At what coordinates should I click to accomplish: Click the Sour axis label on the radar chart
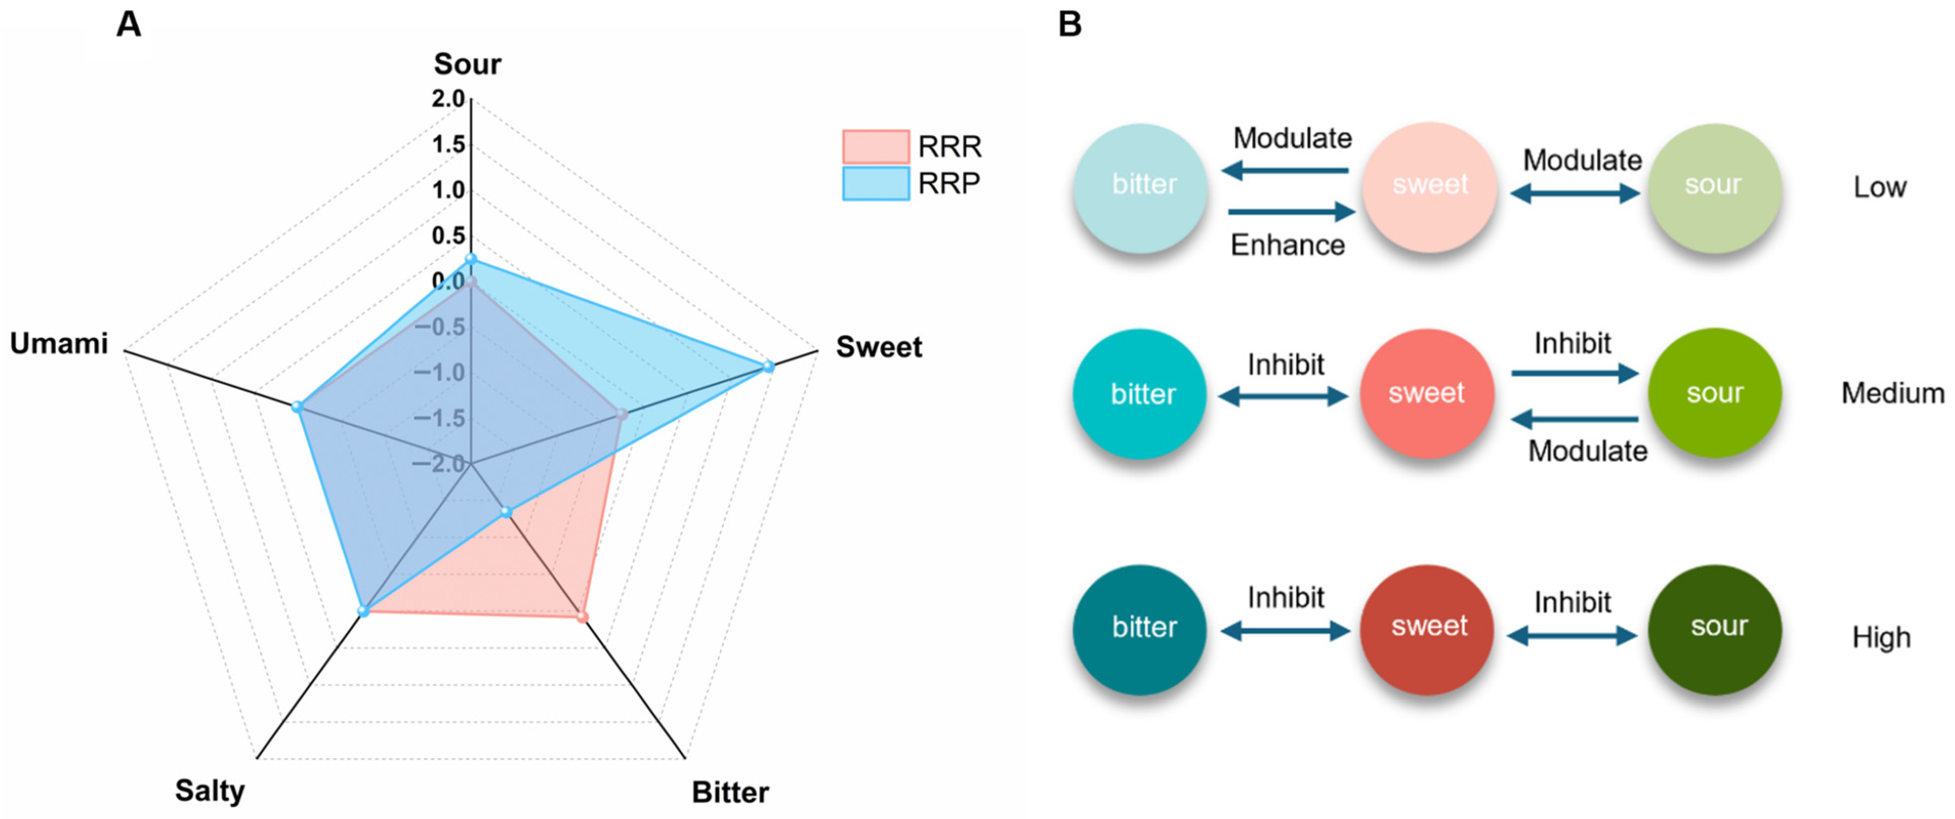click(x=467, y=64)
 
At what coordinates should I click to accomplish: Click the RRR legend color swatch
click(x=876, y=147)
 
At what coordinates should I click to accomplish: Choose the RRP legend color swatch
click(x=876, y=183)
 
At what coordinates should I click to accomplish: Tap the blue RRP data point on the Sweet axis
click(x=768, y=367)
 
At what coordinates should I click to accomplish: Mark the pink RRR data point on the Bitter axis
click(x=582, y=617)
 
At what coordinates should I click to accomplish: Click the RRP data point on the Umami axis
click(x=298, y=408)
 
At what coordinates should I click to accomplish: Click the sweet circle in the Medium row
click(x=1427, y=393)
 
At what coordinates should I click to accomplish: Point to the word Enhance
click(x=1287, y=245)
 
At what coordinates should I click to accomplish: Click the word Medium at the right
click(x=1892, y=393)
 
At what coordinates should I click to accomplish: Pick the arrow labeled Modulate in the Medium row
click(x=1574, y=418)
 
